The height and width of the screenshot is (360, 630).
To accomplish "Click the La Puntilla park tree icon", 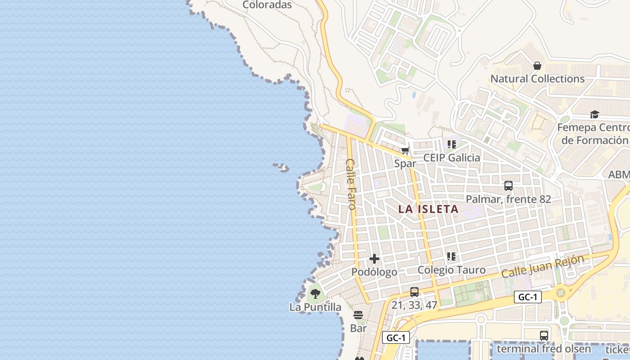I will (315, 294).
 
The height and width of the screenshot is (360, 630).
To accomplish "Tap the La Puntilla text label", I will (315, 307).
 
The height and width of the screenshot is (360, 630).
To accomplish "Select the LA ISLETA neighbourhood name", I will (428, 209).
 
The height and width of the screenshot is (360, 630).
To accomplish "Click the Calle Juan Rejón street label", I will (543, 266).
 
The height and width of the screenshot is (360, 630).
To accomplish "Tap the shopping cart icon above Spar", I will (405, 151).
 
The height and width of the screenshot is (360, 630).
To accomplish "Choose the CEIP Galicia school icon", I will (451, 144).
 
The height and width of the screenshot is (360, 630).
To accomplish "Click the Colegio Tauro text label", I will (451, 270).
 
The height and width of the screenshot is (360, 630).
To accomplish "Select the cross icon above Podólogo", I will (374, 259).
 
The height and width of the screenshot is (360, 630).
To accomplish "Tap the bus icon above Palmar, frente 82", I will (508, 185).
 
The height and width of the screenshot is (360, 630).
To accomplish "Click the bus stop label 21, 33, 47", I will (414, 305).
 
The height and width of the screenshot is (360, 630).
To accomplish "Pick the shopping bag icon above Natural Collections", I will (537, 66).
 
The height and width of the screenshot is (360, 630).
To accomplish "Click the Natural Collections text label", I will (537, 79).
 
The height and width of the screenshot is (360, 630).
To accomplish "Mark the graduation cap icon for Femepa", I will (594, 114).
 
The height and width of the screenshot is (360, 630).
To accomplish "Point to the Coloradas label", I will (267, 5).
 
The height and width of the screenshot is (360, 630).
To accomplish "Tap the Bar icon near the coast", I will (358, 315).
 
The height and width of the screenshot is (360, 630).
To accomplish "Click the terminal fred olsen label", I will (544, 349).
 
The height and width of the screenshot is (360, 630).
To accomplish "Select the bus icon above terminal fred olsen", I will (544, 335).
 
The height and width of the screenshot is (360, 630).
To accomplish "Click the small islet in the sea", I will (281, 167).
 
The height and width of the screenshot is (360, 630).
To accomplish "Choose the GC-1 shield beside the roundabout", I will (527, 297).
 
